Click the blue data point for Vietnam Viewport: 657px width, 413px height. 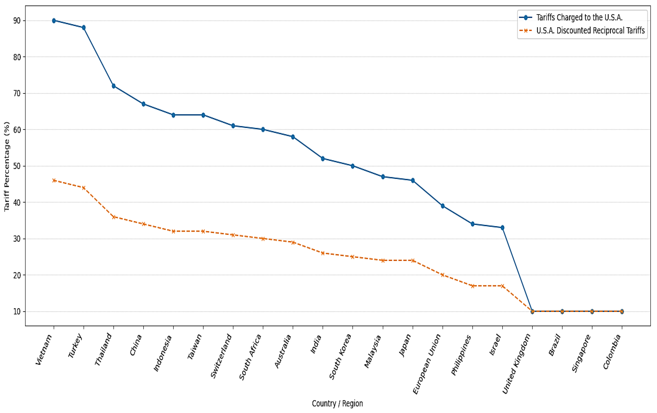(x=54, y=21)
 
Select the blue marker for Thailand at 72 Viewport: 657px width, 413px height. (x=114, y=86)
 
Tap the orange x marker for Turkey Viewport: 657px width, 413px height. (x=84, y=188)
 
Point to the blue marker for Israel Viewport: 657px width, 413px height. (x=502, y=227)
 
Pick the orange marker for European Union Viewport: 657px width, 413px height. (x=443, y=275)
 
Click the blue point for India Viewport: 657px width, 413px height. (x=323, y=158)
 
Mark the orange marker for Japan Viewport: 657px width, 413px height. (x=413, y=260)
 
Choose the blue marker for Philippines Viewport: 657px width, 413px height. (x=473, y=224)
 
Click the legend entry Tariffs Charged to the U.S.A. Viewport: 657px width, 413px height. (x=579, y=17)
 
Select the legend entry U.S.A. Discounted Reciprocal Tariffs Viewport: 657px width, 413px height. (x=590, y=30)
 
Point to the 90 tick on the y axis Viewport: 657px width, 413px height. (x=17, y=21)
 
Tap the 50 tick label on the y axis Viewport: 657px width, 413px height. (x=17, y=166)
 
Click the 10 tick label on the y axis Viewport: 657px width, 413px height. (x=17, y=312)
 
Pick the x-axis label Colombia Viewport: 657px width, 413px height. (x=612, y=352)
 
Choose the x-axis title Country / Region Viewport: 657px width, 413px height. (x=337, y=403)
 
